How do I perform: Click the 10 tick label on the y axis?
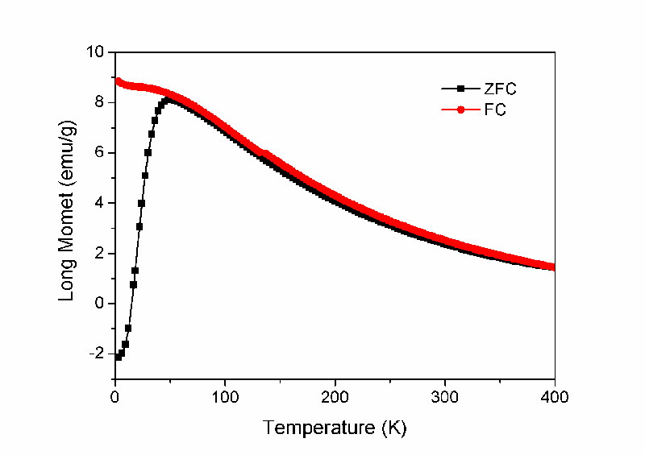(x=97, y=52)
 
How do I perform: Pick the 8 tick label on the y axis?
(x=100, y=102)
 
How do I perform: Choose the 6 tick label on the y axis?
(x=100, y=153)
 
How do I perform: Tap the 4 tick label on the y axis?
(x=100, y=203)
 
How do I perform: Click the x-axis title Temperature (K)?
(x=334, y=428)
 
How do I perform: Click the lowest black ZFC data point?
(x=118, y=357)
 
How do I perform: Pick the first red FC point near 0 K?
(x=119, y=81)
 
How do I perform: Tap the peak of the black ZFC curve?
(x=169, y=100)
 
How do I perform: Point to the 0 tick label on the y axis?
(x=100, y=304)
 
